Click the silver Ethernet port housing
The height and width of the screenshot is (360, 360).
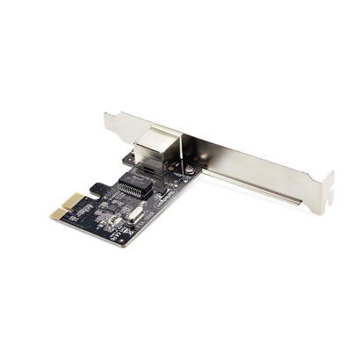pyautogui.click(x=155, y=150)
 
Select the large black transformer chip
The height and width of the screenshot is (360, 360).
pyautogui.click(x=132, y=189)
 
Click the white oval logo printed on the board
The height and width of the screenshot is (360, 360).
pyautogui.click(x=162, y=198)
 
